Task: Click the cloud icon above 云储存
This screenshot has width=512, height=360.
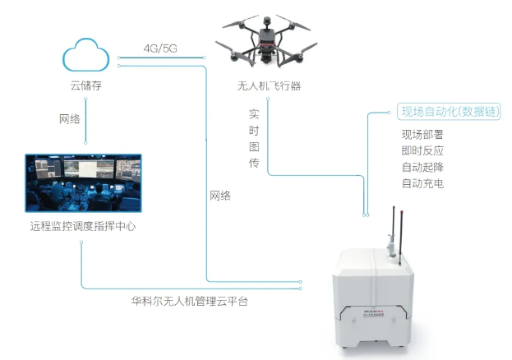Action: point(85,56)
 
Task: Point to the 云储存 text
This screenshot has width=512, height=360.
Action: point(85,85)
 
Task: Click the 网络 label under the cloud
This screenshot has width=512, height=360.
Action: point(71,119)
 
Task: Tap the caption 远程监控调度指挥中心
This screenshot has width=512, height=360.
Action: point(82,224)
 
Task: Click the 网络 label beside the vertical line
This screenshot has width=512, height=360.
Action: point(219,196)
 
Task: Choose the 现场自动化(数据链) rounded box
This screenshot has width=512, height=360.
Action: point(448,112)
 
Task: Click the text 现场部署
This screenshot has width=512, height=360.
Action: point(422,135)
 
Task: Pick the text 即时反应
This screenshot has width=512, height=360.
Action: point(422,150)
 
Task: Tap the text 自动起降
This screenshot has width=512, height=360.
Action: point(422,167)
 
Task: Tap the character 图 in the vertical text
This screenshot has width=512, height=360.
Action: point(254,147)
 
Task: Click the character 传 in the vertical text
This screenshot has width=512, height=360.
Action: point(254,164)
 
